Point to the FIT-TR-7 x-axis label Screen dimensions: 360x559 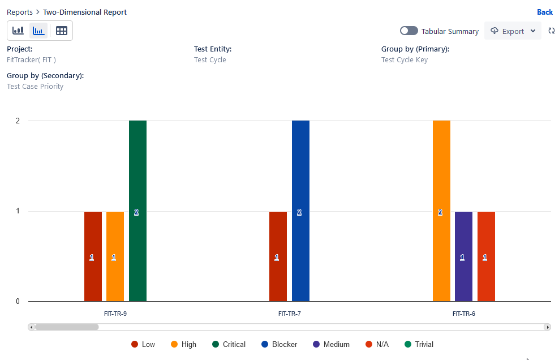point(289,313)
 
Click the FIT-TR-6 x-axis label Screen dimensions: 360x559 point(463,313)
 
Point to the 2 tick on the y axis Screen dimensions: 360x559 point(18,121)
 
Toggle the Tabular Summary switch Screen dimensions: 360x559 point(408,31)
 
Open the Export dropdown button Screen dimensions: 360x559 point(513,31)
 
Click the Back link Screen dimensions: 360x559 point(544,12)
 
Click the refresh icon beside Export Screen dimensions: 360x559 point(552,31)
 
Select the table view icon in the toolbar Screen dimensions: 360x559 point(62,31)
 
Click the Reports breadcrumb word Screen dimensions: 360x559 point(19,12)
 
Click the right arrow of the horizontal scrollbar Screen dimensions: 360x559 point(547,327)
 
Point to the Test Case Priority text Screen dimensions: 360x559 point(35,87)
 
